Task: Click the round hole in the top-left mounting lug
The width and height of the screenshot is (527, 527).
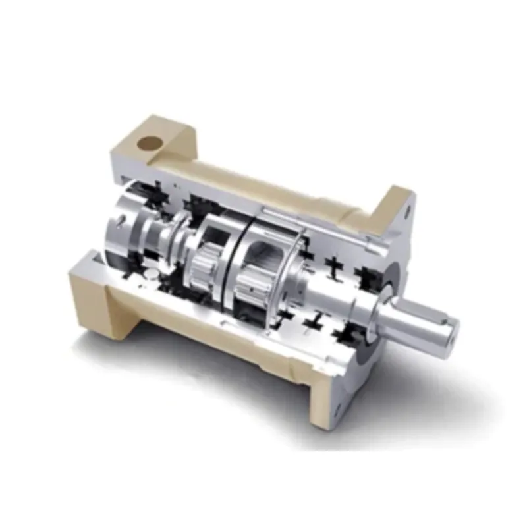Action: [150, 142]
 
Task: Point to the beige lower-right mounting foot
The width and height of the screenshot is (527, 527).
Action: [323, 395]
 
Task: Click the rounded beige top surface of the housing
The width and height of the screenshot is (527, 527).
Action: [263, 178]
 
